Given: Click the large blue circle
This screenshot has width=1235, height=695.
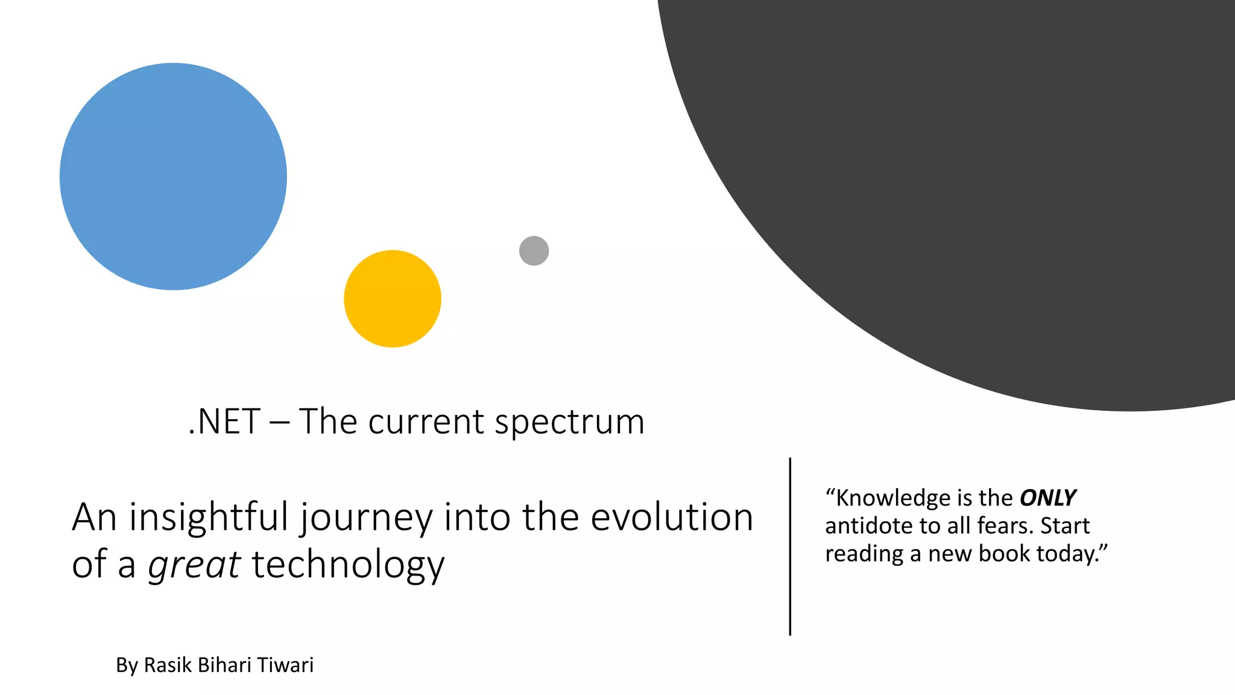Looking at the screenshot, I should tap(173, 176).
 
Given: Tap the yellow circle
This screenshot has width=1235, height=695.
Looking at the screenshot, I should tap(393, 299).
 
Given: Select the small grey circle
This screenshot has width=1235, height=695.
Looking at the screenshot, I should tap(534, 250).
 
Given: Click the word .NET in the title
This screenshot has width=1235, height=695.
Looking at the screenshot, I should tap(224, 421).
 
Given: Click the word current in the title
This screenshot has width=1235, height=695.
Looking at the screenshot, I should tap(426, 421).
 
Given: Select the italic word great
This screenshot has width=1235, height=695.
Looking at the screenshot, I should tap(194, 566).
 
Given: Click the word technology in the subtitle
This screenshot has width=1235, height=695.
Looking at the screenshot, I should tap(348, 566).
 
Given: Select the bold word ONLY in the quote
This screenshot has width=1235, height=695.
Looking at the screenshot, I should tap(1047, 498).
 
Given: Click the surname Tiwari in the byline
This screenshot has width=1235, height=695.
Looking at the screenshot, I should tap(285, 665).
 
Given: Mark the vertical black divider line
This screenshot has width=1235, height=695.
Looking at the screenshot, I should tap(790, 546).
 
